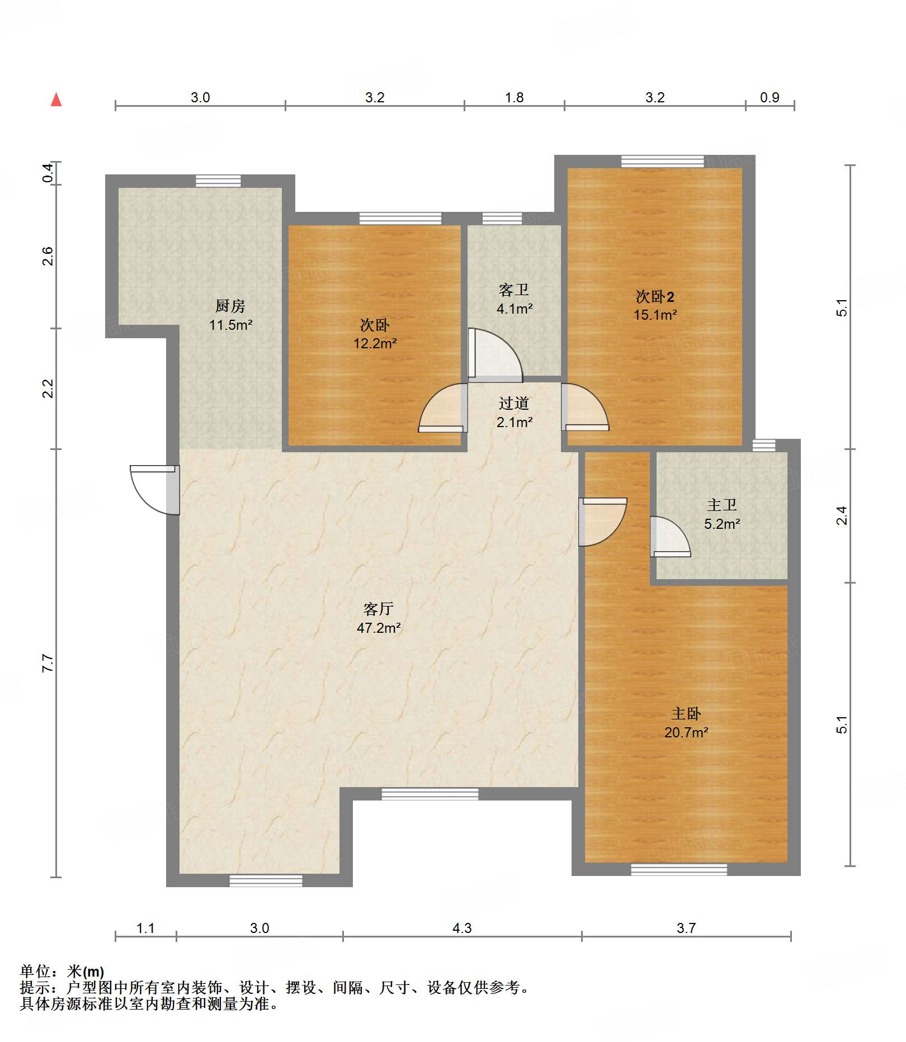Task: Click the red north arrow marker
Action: [56, 100]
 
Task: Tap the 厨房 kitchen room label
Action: [230, 306]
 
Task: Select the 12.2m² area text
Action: [375, 343]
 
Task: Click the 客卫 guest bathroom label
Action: [514, 290]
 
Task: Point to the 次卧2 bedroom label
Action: [655, 296]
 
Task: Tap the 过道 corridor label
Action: [514, 403]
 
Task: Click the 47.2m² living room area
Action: [379, 628]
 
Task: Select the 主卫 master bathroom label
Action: [722, 505]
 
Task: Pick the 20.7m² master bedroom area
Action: [686, 732]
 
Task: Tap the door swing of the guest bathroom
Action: [496, 354]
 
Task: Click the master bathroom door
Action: [670, 537]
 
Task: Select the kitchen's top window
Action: [218, 181]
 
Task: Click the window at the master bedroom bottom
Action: [679, 869]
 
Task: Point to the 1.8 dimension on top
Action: [514, 97]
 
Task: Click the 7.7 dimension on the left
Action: [48, 663]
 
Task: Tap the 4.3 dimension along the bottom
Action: [462, 928]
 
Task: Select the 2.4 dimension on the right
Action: [842, 515]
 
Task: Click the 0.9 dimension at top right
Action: [770, 97]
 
